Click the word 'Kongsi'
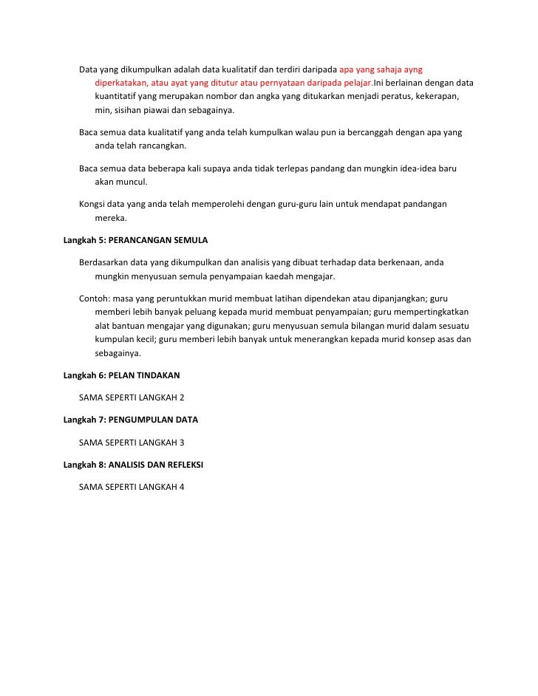pos(92,203)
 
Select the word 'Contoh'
pos(94,298)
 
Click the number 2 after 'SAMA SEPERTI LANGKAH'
pos(181,398)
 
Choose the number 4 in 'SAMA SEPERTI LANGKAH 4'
pos(181,487)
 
